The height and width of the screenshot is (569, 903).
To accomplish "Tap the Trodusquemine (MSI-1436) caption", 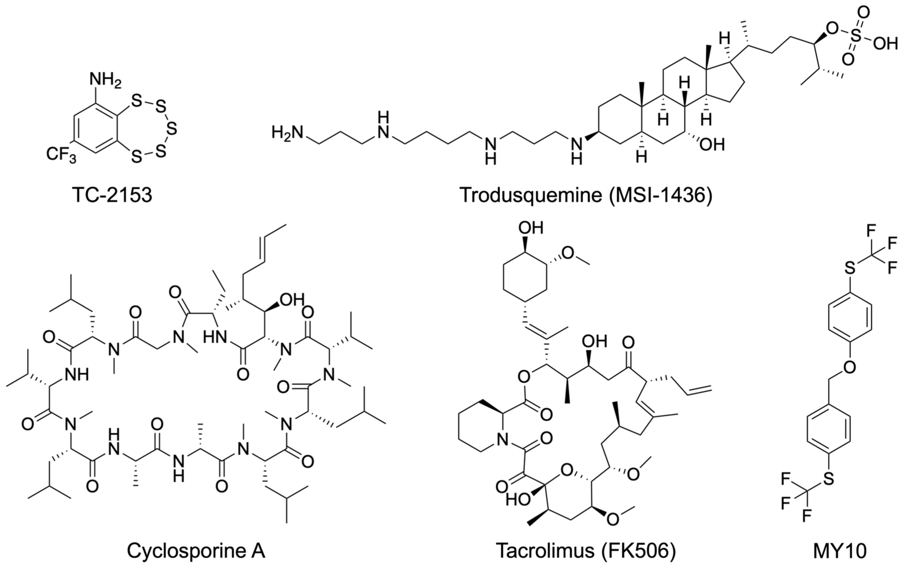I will [x=586, y=195].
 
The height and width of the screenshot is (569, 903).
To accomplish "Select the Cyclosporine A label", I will [x=196, y=551].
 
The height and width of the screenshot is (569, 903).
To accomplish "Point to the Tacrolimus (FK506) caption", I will [x=586, y=551].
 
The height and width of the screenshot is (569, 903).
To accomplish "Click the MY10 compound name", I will [x=839, y=551].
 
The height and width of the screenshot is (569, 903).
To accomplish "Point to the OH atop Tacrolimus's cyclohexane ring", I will [x=530, y=228].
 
